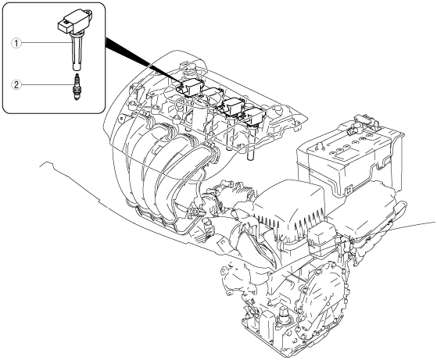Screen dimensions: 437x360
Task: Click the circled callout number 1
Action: (16, 43)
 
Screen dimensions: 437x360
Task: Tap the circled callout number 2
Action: (16, 84)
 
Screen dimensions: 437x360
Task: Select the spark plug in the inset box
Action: (76, 87)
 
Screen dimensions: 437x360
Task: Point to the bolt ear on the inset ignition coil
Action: (88, 12)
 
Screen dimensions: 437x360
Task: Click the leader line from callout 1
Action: (45, 43)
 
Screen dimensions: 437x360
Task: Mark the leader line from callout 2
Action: (47, 84)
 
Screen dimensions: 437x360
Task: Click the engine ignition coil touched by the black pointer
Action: (192, 87)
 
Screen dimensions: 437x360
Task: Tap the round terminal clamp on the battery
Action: (355, 128)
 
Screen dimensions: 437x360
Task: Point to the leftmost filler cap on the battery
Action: (332, 153)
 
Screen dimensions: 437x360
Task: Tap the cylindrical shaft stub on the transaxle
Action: (284, 315)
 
